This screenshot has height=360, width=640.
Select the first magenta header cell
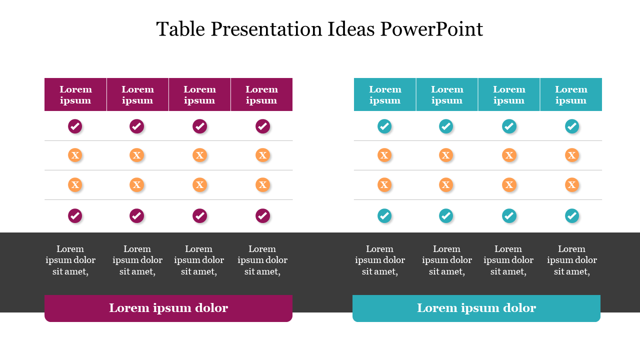75,94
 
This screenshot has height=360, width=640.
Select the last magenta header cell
261,94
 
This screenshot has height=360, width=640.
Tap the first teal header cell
385,94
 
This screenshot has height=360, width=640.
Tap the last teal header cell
571,94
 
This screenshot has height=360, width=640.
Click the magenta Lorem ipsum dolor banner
168,308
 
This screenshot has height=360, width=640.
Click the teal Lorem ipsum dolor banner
476,308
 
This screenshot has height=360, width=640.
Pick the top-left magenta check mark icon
75,126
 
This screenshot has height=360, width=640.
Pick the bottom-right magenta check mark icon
262,215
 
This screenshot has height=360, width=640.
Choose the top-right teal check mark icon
572,126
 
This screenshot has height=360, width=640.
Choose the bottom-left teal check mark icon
384,215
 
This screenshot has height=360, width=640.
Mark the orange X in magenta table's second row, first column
75,155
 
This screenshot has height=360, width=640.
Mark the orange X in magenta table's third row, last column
262,185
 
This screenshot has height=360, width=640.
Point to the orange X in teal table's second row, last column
572,155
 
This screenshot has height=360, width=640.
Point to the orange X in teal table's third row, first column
384,185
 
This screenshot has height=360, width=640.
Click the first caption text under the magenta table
70,260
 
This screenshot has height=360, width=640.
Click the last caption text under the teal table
572,260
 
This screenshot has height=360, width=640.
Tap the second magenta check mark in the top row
136,126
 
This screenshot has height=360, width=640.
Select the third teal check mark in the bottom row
509,215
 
